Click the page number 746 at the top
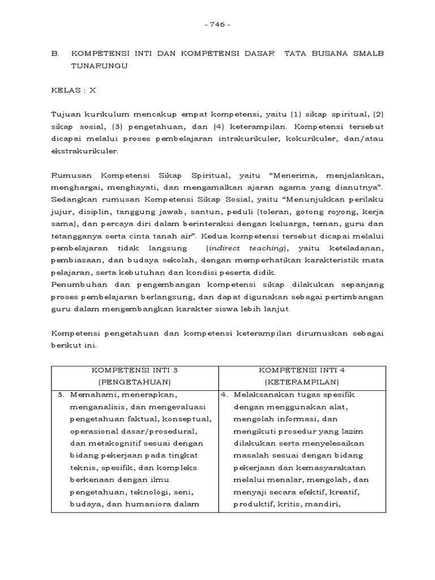pyautogui.click(x=217, y=25)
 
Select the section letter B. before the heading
pyautogui.click(x=56, y=53)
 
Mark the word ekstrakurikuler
pyautogui.click(x=85, y=152)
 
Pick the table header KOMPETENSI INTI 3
pyautogui.click(x=134, y=370)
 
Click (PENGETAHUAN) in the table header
pyautogui.click(x=134, y=382)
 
